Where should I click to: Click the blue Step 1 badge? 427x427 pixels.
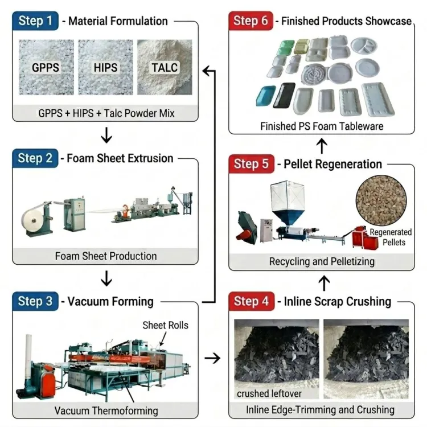coord(35,20)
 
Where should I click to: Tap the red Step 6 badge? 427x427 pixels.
coord(251,20)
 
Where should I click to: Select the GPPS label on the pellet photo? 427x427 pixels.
coord(46,68)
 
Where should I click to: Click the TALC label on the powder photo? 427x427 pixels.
coord(165,68)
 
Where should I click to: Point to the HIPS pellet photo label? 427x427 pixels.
coord(105,68)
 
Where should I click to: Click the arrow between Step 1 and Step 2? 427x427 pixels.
coord(106,135)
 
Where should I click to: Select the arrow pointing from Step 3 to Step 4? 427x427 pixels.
coord(212,358)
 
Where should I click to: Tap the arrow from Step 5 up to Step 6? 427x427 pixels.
coord(322,146)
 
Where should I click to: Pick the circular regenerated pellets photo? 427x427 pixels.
coord(381,201)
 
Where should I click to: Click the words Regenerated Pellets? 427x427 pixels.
coord(391,237)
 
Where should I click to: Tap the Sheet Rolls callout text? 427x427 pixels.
coord(165,325)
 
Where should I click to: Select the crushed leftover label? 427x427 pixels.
coord(269,393)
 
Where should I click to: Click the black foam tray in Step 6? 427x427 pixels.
coord(284,95)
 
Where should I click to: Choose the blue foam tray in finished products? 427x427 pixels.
coord(266,96)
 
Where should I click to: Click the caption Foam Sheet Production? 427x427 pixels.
coord(106,256)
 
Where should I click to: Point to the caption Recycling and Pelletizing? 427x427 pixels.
coord(322,261)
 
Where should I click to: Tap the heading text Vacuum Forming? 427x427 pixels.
coord(110,301)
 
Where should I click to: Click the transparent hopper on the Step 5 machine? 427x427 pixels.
coord(288,196)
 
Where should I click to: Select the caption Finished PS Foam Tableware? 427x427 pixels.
coord(322,126)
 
